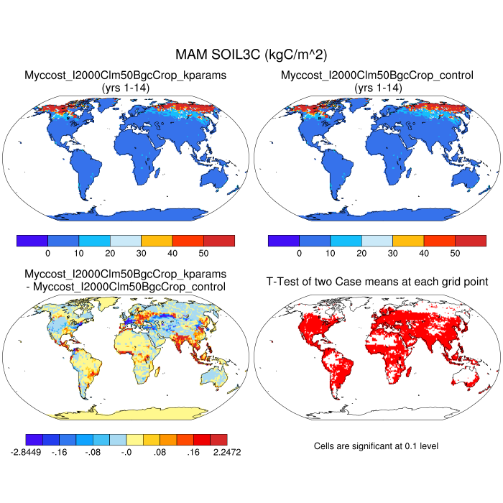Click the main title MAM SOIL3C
coord(251,55)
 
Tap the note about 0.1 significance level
coord(376,446)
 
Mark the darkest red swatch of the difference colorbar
coord(219,438)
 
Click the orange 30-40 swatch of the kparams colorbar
coord(157,241)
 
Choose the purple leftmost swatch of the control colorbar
coord(283,241)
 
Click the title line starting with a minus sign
coord(126,287)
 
